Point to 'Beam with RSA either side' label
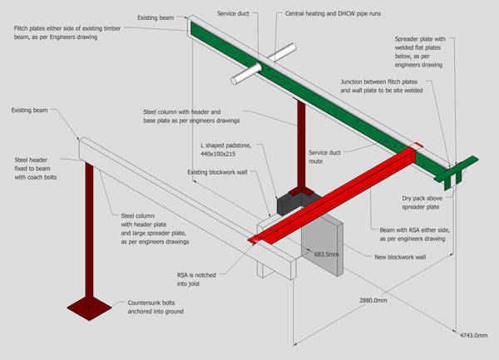click(x=413, y=234)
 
